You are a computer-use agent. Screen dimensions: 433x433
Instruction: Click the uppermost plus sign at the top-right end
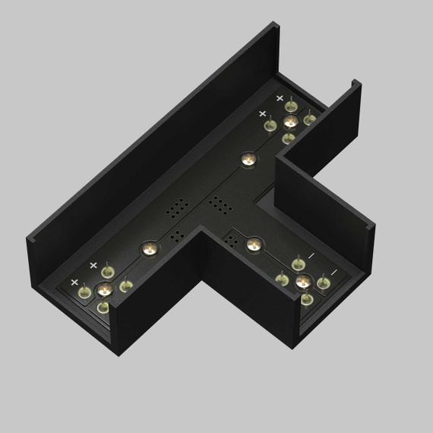280,99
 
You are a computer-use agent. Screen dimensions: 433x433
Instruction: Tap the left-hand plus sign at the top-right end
262,113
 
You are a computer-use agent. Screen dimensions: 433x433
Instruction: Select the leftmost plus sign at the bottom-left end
74,282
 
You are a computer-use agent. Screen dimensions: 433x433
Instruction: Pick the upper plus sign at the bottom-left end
93,265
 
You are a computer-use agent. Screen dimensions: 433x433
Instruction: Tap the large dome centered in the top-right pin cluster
289,122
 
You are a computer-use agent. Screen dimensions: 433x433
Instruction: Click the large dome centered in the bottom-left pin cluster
104,289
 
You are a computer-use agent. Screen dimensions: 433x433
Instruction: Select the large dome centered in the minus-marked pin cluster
303,283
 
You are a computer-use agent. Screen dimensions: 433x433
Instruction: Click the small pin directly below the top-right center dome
287,138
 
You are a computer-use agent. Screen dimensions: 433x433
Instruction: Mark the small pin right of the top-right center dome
309,119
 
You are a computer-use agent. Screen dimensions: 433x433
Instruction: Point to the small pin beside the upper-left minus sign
298,264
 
